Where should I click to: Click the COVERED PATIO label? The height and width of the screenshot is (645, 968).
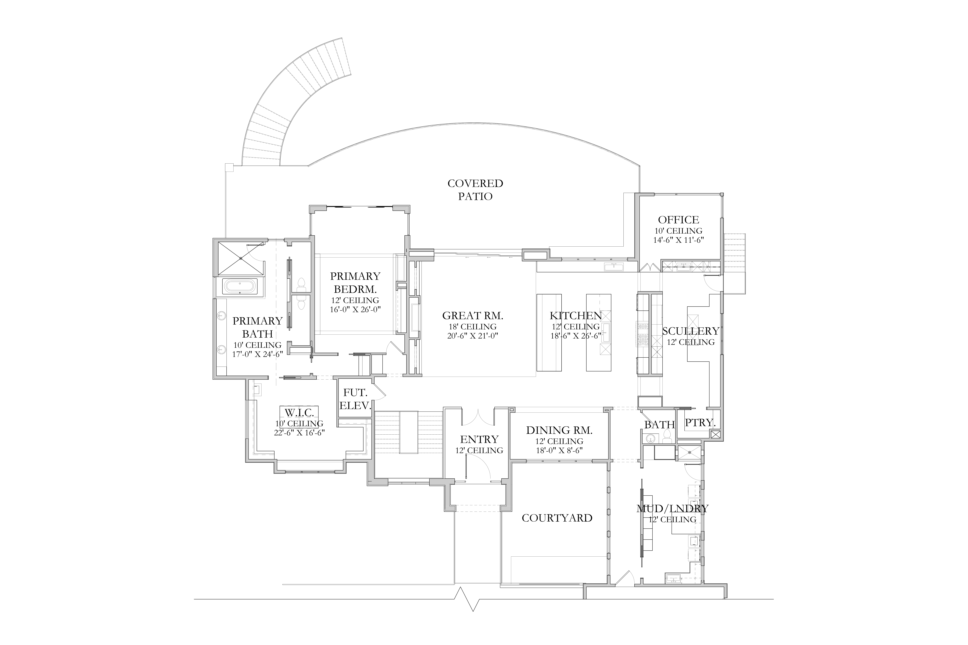[475, 190]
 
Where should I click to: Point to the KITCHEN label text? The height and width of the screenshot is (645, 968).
[576, 316]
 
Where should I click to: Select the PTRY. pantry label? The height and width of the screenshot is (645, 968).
[700, 422]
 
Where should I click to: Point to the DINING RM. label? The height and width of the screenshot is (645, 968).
[559, 430]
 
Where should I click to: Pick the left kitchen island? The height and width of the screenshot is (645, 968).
[549, 332]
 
